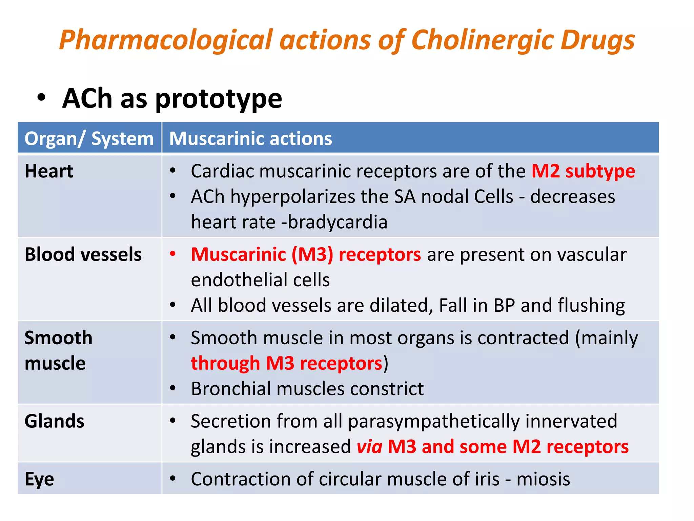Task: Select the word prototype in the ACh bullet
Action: click(219, 99)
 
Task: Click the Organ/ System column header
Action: click(89, 138)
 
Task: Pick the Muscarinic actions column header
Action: click(250, 138)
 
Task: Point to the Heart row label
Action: click(49, 171)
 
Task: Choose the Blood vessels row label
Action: click(83, 254)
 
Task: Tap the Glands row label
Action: click(54, 421)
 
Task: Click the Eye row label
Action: click(39, 479)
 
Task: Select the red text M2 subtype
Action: click(583, 171)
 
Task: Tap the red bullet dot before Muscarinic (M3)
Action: click(173, 254)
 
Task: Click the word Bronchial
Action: click(231, 389)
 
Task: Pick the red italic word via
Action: click(369, 446)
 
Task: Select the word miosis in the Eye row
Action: click(543, 479)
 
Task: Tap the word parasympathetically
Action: click(434, 421)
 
